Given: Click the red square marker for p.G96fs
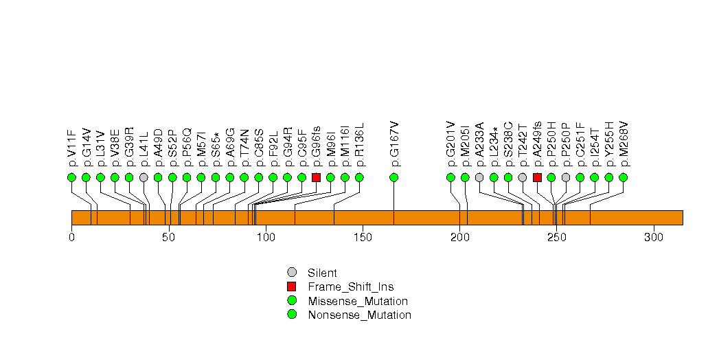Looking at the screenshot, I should point(316,177).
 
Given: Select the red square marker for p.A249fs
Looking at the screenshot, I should point(537,177).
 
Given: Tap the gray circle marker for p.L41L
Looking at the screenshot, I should point(144,177).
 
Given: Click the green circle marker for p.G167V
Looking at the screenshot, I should point(394,177).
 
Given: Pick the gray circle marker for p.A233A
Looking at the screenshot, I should point(479,177).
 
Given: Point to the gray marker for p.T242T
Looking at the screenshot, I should point(523,177).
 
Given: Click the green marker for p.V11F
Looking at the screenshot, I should point(72,177).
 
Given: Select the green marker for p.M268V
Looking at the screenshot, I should point(623,177).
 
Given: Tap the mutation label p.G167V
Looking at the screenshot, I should point(395,144).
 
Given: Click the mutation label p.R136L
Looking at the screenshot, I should point(360,145).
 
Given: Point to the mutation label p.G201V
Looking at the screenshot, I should point(451,144).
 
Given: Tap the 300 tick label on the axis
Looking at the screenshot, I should point(653,238).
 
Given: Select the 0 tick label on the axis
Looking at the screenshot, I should point(72,238).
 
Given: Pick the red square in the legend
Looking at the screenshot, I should point(292,286).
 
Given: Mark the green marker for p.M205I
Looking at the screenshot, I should point(465,177).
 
